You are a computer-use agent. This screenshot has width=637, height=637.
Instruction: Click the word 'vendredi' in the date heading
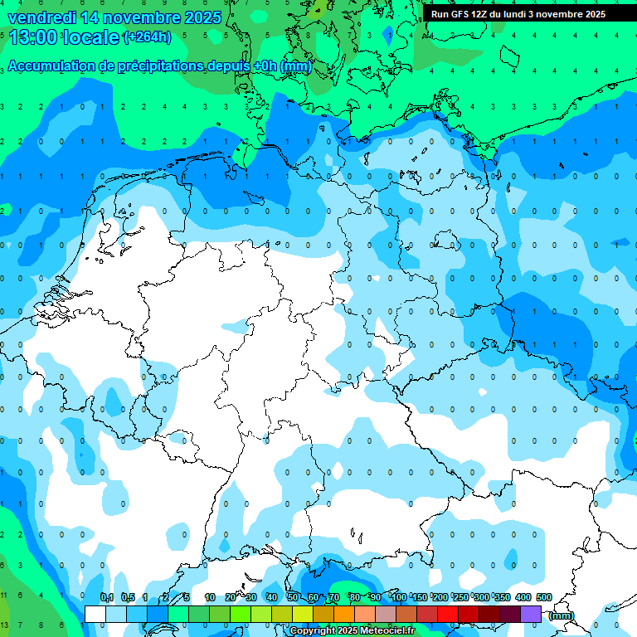41,17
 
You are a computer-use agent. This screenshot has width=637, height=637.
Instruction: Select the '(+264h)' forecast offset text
147,37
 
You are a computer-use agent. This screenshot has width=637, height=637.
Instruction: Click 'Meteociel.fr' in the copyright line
387,631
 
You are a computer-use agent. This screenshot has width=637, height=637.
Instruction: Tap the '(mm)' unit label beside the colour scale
561,615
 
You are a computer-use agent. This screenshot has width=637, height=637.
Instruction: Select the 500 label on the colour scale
544,597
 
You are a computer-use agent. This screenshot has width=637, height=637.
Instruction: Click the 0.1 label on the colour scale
107,597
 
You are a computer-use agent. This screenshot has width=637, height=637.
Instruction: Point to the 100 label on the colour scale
398,597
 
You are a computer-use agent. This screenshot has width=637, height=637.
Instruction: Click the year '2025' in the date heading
202,17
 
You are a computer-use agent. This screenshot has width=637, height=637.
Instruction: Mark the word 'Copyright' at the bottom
312,631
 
